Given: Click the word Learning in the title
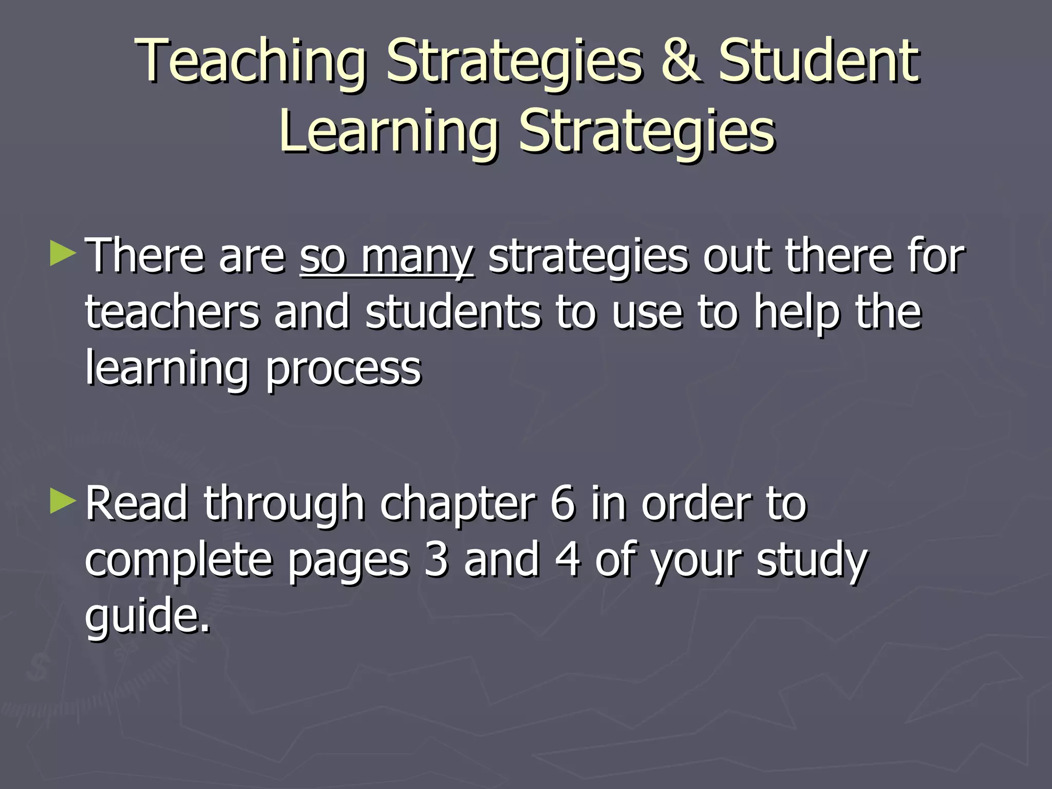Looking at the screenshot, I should [389, 133].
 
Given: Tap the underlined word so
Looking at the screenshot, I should [323, 257].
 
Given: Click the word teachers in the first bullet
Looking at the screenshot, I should [173, 312].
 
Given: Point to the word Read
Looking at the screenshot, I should [137, 504].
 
